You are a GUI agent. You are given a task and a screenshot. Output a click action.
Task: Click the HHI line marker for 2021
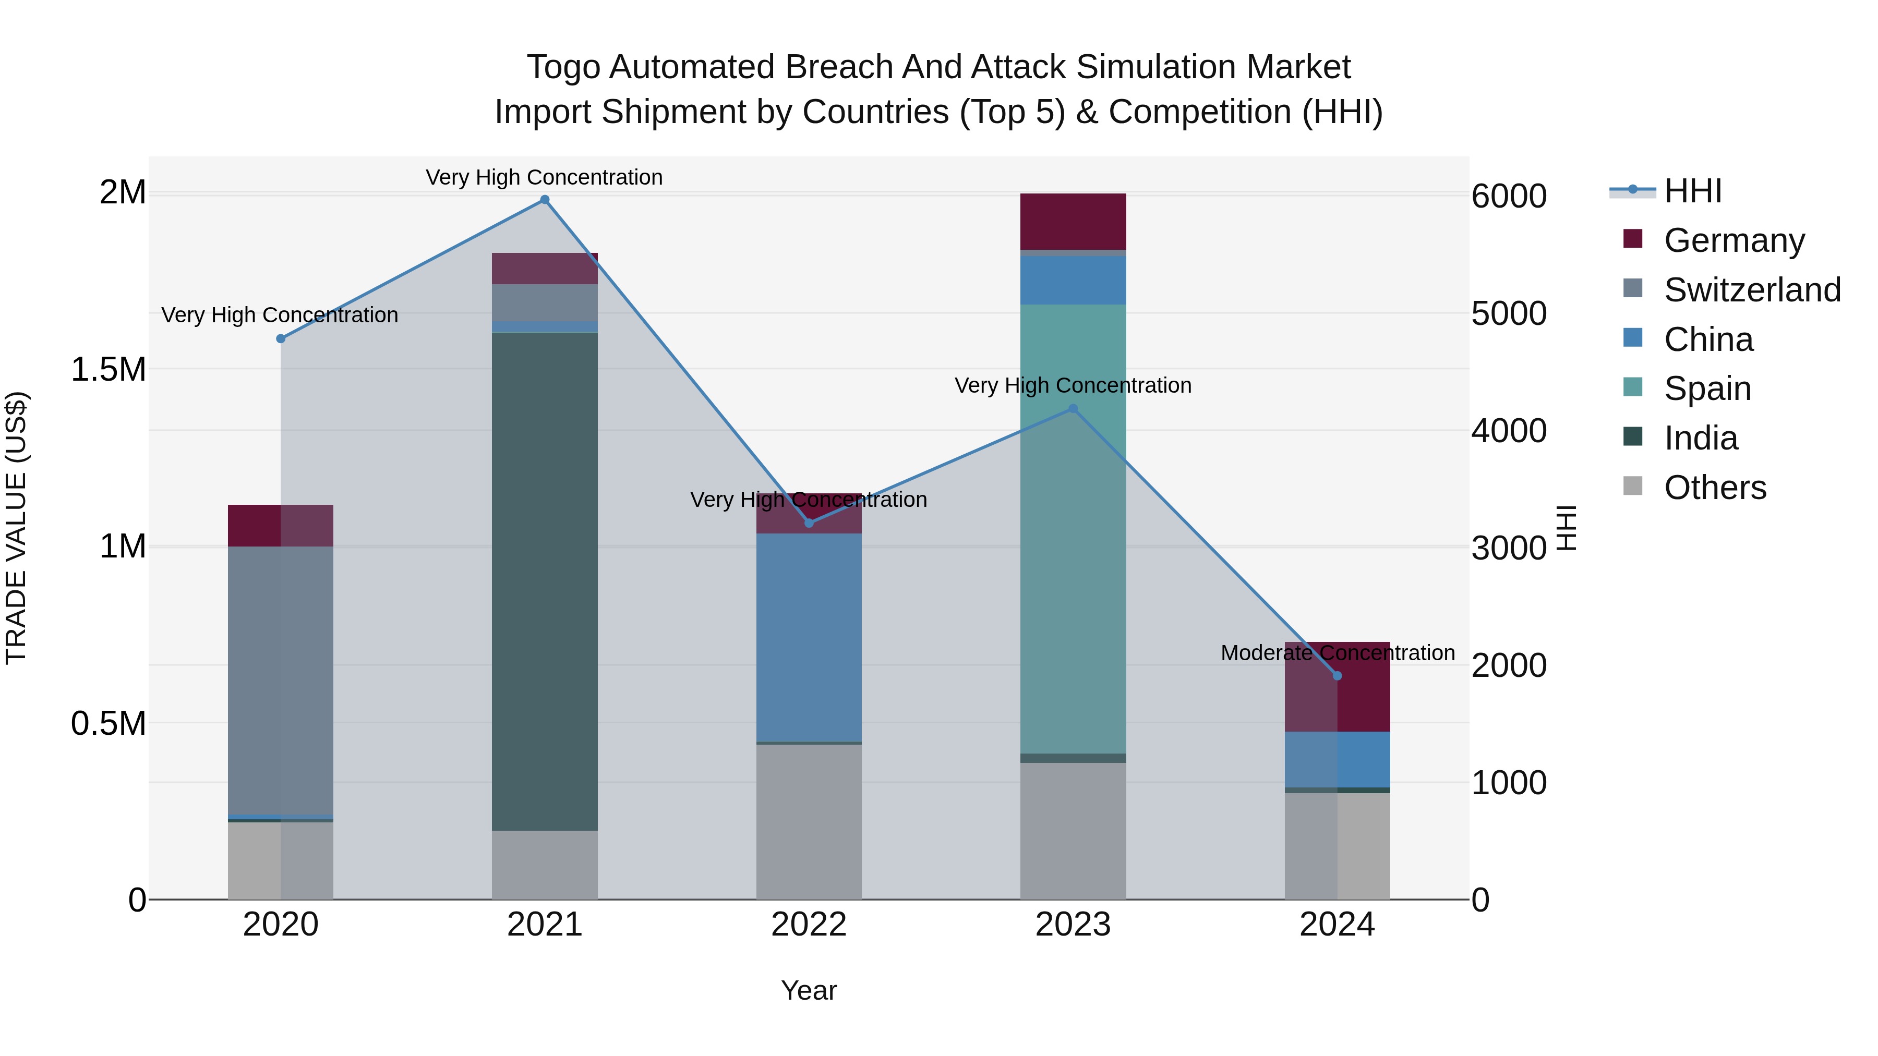coord(545,200)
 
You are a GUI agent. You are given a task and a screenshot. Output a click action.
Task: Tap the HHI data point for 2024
coord(1337,675)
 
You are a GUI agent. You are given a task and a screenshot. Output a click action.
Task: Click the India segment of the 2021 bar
coord(545,583)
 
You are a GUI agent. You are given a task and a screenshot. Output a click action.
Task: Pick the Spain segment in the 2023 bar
coord(1073,528)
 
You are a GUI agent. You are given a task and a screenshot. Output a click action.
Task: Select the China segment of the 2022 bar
coord(809,638)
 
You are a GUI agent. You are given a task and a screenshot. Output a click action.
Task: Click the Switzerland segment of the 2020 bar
coord(281,678)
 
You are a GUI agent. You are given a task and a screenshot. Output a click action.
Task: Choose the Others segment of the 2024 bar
coord(1337,845)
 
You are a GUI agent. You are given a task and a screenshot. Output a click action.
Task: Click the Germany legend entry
coord(1733,240)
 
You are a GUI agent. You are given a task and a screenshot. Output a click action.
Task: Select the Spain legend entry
coord(1707,389)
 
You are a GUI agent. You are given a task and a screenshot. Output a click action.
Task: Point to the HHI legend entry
coord(1692,191)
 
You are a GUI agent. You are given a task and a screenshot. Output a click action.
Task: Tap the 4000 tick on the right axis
coord(1508,431)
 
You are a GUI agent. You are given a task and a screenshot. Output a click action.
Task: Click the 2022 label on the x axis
coord(809,925)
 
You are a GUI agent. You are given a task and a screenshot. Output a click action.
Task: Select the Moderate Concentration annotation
coord(1337,653)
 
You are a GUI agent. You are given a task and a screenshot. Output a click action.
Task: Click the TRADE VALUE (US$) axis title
coord(16,528)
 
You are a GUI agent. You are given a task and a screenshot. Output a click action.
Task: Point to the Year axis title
coord(809,990)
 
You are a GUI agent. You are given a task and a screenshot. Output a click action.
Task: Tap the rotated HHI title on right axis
coord(1566,528)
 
